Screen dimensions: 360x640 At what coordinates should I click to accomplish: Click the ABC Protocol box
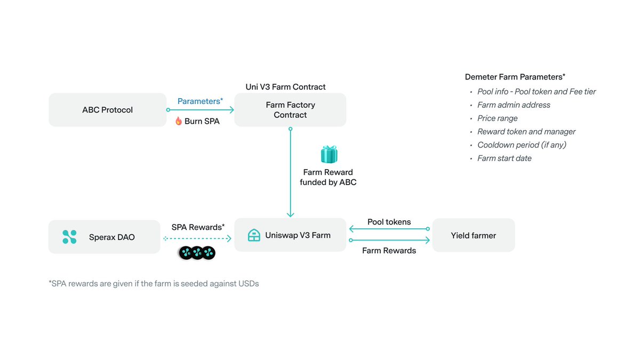107,110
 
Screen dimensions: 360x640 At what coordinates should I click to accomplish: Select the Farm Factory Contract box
290,110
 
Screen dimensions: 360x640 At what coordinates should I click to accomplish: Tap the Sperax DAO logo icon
69,237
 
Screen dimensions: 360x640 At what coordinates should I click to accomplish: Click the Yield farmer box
473,235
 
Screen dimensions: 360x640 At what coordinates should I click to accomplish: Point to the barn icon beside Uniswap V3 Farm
254,235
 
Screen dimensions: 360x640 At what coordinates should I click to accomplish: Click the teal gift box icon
329,154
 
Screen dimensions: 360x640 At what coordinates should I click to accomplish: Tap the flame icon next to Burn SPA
179,121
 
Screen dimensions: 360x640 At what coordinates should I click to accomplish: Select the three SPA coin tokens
197,253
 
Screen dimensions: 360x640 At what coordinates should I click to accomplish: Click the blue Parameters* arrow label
200,101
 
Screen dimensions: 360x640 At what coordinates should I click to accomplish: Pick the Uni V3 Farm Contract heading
285,87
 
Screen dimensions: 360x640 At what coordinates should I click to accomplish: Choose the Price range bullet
497,118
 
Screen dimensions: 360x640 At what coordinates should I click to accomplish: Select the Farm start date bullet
504,158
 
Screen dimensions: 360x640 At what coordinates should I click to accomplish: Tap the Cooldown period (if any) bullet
522,145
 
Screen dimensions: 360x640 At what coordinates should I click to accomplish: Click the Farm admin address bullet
514,105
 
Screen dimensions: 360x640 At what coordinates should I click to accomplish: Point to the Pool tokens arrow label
389,222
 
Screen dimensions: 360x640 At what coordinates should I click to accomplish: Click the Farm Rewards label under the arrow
389,251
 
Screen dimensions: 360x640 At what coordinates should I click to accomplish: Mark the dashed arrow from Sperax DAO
197,239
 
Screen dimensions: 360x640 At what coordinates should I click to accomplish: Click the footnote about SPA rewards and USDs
154,284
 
